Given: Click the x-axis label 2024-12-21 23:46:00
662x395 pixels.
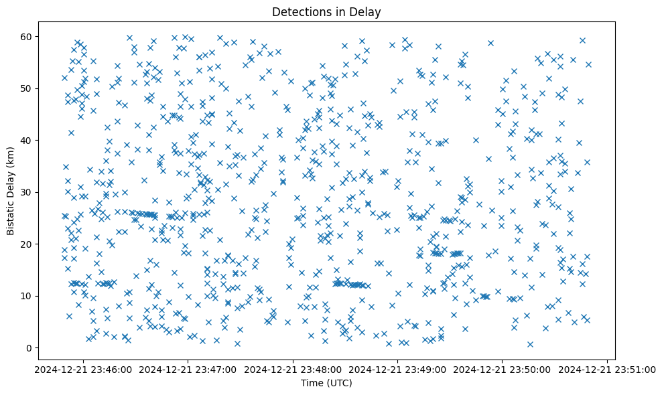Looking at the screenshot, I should (83, 370).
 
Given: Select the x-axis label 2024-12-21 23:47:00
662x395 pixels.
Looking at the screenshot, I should (188, 370).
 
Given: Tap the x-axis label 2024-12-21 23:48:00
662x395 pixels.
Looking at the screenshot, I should (293, 370).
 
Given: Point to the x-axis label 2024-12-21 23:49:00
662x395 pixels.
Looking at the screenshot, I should (398, 370).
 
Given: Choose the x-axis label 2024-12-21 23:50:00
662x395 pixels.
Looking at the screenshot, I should (503, 370).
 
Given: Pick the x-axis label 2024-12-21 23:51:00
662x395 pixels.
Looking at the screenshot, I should (607, 370).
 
